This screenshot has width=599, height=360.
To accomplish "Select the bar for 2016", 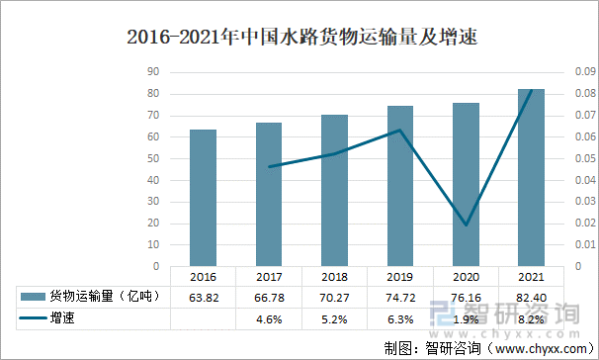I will point(204,198).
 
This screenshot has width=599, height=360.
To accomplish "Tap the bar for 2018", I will point(335,191).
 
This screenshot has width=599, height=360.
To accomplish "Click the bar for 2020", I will point(467,185).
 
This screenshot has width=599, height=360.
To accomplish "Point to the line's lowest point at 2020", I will point(467,225).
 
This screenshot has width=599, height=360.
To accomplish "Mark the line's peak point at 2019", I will point(400,130).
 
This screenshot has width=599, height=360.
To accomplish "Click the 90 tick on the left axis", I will point(153,72).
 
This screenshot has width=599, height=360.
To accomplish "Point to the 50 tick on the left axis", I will point(153,158).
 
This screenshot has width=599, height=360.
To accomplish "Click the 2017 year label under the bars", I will point(269,278).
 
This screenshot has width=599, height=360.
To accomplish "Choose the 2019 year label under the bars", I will point(400,278).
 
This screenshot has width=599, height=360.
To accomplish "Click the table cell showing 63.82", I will point(204,297).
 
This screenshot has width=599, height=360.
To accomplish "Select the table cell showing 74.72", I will point(400,297).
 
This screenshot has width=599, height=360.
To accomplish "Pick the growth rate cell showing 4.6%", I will point(269,318).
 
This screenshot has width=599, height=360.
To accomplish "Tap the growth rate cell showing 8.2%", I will point(532,318).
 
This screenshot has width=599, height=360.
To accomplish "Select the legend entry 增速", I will point(63,318).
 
